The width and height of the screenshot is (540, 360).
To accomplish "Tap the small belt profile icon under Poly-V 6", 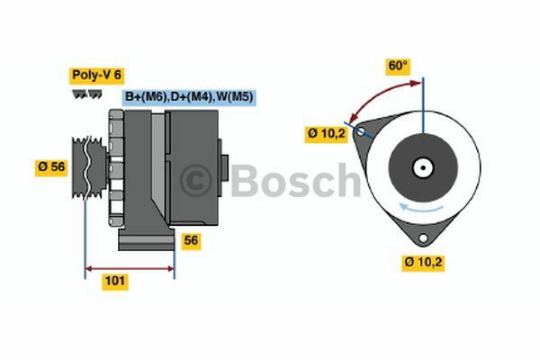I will [x=85, y=94].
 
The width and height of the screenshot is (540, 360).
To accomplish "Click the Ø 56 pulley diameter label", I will [x=52, y=167].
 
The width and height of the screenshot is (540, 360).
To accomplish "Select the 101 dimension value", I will [x=114, y=282].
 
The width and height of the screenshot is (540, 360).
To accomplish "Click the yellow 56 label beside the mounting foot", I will [x=191, y=240].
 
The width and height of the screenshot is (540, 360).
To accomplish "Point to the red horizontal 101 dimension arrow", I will [x=130, y=267].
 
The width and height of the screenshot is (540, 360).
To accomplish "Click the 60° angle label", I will [x=398, y=66].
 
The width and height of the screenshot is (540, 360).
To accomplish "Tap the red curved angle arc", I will [x=378, y=94].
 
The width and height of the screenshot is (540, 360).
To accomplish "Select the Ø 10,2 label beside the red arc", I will [x=327, y=134].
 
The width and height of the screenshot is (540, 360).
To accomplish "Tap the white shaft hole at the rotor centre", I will [x=423, y=167].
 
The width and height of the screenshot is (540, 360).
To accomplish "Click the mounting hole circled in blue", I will [x=361, y=131].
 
